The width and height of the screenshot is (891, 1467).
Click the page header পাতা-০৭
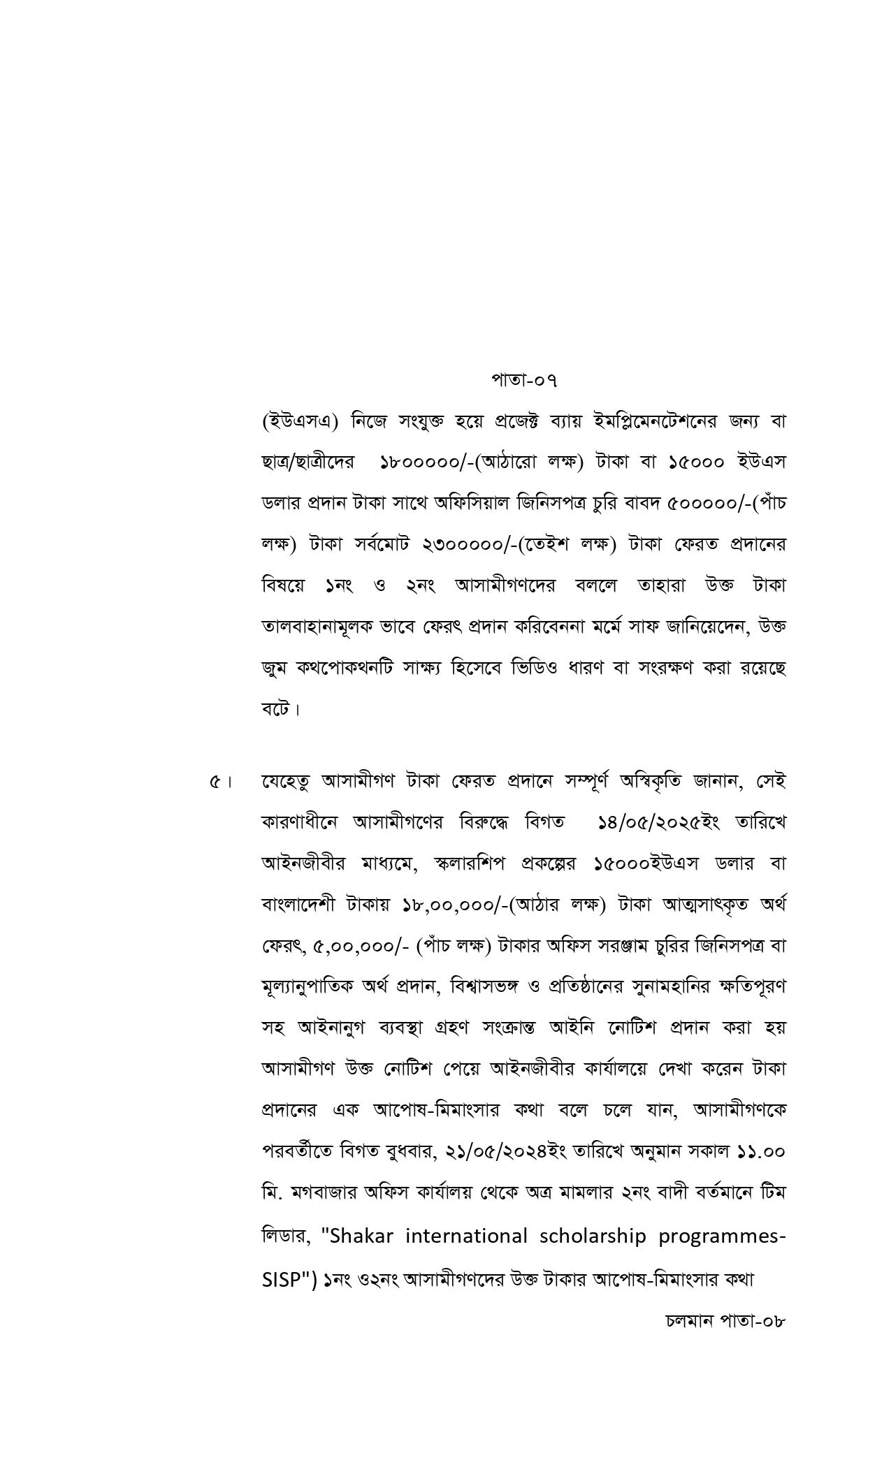(524, 380)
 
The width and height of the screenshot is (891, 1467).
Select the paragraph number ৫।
(220, 781)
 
